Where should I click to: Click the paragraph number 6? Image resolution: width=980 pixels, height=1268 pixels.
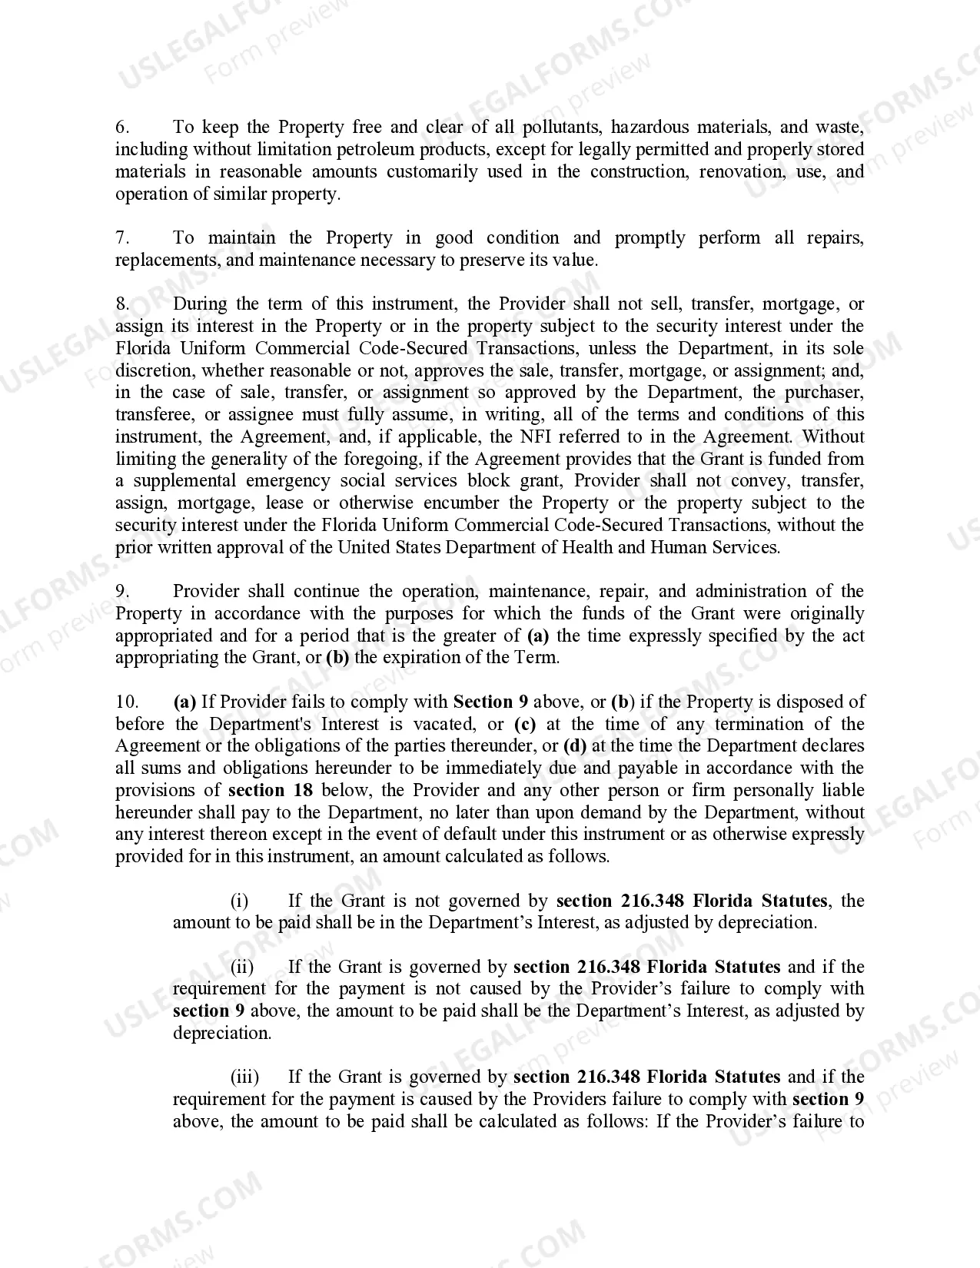pos(122,128)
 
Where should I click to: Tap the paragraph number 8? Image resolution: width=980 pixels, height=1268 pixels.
pos(123,304)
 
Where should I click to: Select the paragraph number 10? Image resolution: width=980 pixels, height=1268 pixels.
pos(127,702)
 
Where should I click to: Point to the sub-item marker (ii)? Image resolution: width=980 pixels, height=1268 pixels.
pos(242,968)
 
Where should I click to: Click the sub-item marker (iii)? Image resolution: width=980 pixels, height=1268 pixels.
pos(244,1077)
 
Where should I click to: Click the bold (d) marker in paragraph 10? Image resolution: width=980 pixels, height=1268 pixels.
pos(575,746)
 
